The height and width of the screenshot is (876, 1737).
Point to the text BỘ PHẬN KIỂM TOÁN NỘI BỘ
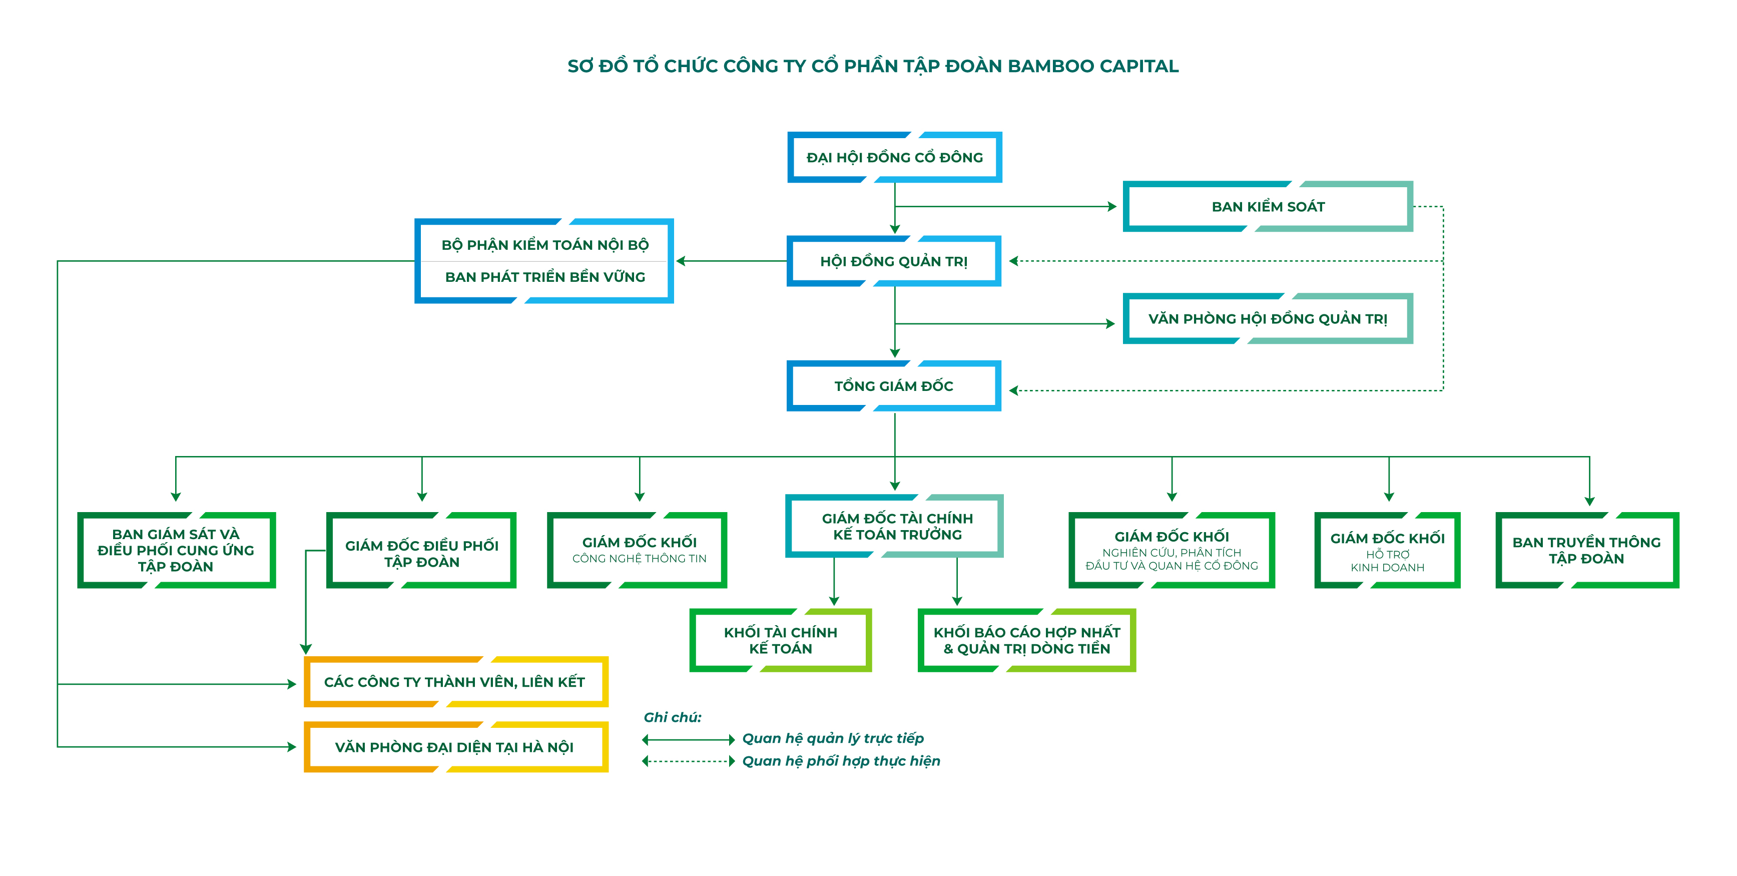(x=545, y=245)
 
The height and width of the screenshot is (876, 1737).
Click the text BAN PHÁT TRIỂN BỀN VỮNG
(x=545, y=277)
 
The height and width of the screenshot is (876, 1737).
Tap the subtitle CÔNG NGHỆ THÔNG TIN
(x=639, y=558)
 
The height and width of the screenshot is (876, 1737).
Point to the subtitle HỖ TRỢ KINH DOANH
(x=1388, y=561)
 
